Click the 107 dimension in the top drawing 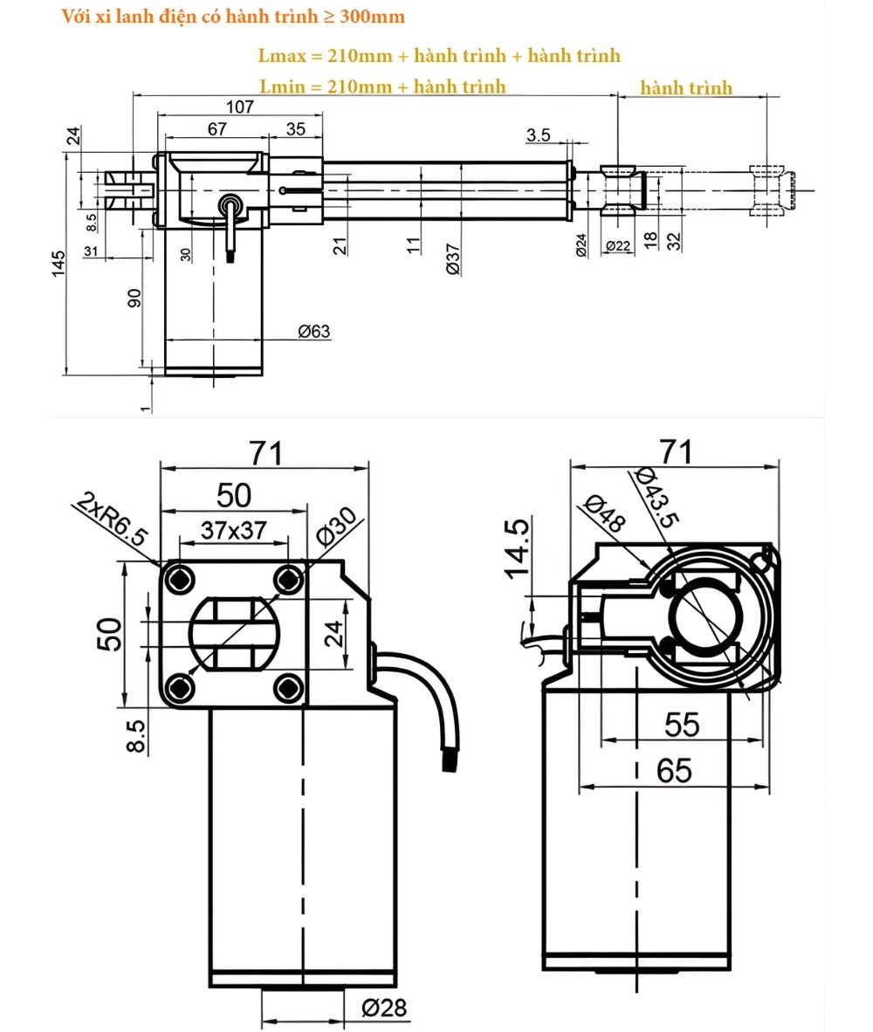click(x=238, y=107)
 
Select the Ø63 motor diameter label click(x=313, y=331)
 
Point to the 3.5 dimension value click(x=539, y=134)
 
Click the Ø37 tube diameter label click(x=454, y=259)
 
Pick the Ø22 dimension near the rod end click(x=617, y=247)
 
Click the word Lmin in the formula click(x=280, y=86)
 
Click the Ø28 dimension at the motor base click(x=384, y=1008)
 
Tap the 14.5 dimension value click(x=517, y=548)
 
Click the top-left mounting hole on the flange click(x=181, y=578)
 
